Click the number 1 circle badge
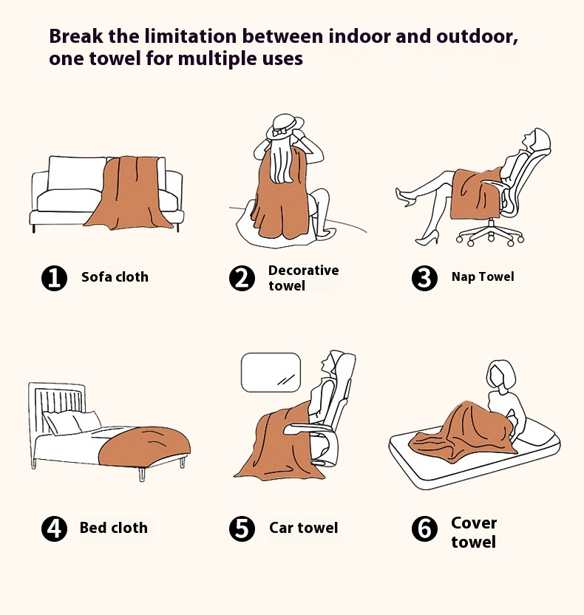pyautogui.click(x=54, y=278)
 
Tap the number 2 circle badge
pyautogui.click(x=242, y=278)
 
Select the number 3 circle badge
pyautogui.click(x=424, y=278)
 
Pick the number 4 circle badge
pyautogui.click(x=54, y=529)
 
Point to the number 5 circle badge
pyautogui.click(x=242, y=529)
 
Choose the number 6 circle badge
pyautogui.click(x=424, y=529)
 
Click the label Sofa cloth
pyautogui.click(x=115, y=277)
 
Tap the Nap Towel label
pyautogui.click(x=483, y=277)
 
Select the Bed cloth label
pyautogui.click(x=114, y=528)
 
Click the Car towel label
pyautogui.click(x=304, y=528)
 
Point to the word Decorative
pyautogui.click(x=304, y=271)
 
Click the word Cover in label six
pyautogui.click(x=474, y=523)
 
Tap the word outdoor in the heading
pyautogui.click(x=477, y=36)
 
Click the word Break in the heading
pyautogui.click(x=76, y=36)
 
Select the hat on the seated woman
pyautogui.click(x=285, y=126)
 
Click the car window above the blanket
pyautogui.click(x=271, y=373)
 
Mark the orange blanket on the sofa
pyautogui.click(x=132, y=193)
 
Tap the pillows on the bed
pyautogui.click(x=72, y=422)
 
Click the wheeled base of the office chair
pyautogui.click(x=490, y=234)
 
